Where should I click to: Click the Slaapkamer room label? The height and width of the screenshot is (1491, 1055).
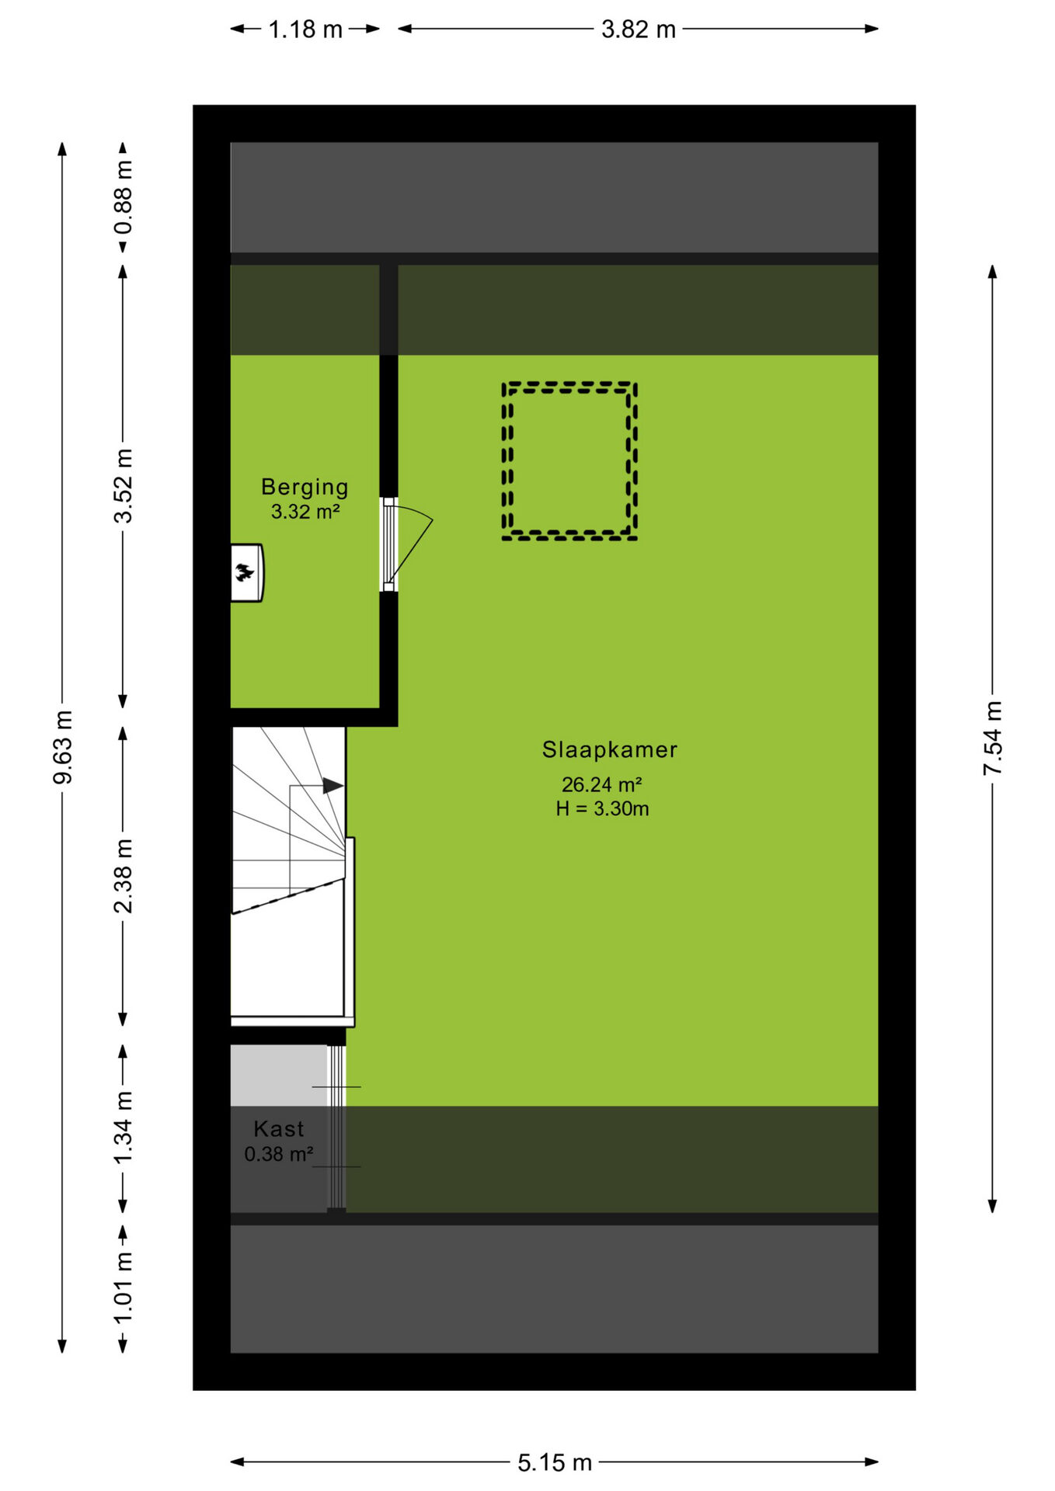point(610,749)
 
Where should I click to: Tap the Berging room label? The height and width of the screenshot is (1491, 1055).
point(305,488)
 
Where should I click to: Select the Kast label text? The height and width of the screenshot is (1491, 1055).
point(279,1128)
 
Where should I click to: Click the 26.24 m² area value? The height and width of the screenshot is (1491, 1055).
point(602,784)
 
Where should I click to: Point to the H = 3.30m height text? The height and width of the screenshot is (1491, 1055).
point(602,808)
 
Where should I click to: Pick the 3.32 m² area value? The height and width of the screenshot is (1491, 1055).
point(305,512)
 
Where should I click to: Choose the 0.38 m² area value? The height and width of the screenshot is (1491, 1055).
point(279,1154)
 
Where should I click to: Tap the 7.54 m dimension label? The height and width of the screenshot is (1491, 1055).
point(993,738)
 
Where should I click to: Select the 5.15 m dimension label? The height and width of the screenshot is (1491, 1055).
point(555,1463)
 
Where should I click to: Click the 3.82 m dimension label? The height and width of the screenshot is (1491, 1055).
point(639,30)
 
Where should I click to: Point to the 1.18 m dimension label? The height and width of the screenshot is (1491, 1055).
point(305,30)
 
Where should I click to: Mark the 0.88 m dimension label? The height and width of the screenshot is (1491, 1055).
point(124,197)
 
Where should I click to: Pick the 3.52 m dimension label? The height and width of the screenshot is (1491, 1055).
point(124,485)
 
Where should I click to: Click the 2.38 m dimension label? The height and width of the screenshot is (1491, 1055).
point(124,876)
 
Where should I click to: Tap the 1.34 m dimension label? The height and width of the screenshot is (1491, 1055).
point(124,1128)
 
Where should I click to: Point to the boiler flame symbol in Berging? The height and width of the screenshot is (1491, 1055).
point(244,573)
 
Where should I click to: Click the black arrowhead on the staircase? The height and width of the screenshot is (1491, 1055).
point(333,786)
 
